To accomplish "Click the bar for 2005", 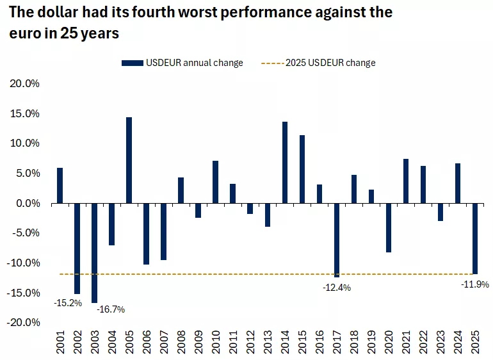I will click(129, 160).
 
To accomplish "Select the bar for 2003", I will click(94, 252).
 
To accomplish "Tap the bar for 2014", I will click(285, 162).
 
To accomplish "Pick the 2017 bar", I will click(337, 240).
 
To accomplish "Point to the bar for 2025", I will click(475, 238).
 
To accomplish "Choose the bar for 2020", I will click(389, 227).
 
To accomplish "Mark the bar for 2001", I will click(60, 185).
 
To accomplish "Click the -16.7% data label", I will click(111, 309).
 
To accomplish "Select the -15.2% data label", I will click(68, 302).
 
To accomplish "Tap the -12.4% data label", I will click(337, 288).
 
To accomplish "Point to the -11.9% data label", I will click(475, 284).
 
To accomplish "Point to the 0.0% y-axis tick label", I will click(28, 203).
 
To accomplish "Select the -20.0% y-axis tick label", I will click(24, 322).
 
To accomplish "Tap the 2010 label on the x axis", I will click(216, 342).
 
